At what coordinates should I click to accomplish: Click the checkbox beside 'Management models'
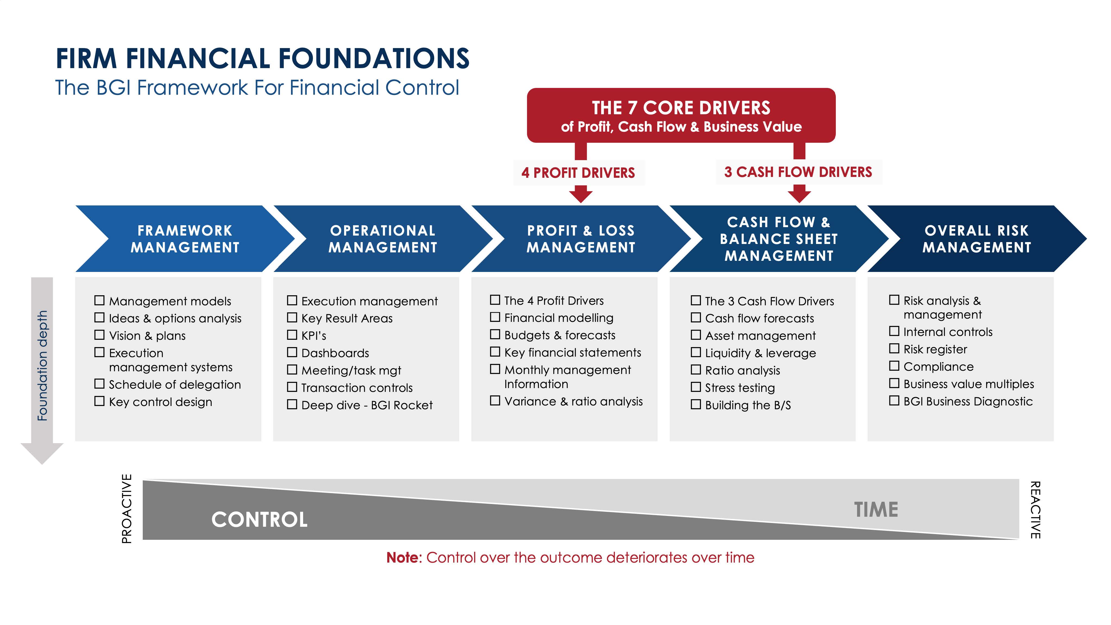(99, 300)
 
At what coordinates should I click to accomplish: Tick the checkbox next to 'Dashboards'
(292, 353)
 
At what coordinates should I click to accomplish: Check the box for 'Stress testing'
(696, 387)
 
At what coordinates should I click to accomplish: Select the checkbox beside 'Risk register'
(894, 348)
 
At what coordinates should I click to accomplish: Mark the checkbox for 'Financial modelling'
(495, 317)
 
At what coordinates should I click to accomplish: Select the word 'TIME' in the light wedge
(876, 509)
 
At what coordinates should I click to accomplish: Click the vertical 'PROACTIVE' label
(126, 509)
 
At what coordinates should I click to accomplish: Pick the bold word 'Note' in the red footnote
(402, 557)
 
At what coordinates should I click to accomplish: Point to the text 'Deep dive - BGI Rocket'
(367, 405)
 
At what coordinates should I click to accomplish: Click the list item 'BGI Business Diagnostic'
(968, 401)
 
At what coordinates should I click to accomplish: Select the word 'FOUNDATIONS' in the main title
(373, 59)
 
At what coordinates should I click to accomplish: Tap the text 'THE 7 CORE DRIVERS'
(681, 108)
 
